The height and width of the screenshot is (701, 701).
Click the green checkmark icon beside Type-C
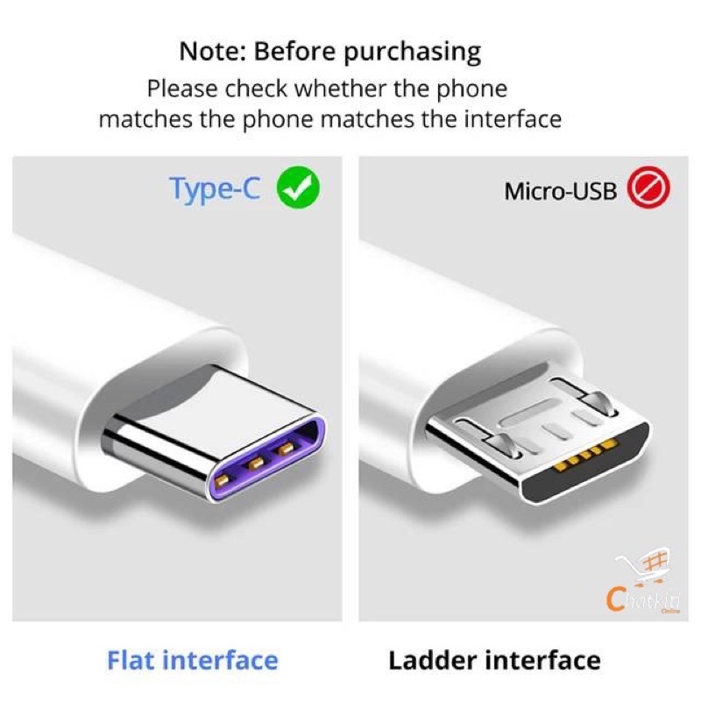pos(298,188)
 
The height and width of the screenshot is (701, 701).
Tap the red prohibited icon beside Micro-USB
pos(648,188)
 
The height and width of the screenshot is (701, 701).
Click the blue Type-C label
pos(215,189)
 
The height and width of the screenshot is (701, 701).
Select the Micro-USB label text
pos(561,191)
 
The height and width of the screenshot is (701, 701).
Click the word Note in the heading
pos(212,52)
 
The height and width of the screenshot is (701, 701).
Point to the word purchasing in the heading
pos(412,53)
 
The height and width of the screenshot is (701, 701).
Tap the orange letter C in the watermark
pos(616,599)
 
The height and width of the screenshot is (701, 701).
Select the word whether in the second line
pos(341,89)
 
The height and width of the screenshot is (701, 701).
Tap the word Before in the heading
pos(294,52)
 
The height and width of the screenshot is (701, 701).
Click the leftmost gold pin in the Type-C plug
pos(222,480)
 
